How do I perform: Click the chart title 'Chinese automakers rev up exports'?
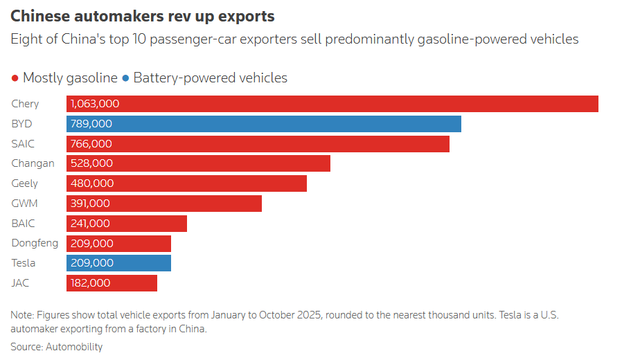(142, 16)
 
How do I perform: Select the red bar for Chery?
(332, 104)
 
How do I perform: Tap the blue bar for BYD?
(264, 124)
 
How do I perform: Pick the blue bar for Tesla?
(118, 263)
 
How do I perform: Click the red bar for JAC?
(112, 283)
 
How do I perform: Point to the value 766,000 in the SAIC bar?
(91, 144)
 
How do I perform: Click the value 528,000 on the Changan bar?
(91, 163)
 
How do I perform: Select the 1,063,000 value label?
(95, 104)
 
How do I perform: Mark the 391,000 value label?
(90, 204)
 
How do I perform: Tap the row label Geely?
(25, 183)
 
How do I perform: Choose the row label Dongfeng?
(35, 243)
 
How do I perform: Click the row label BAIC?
(24, 224)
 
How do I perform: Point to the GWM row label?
(24, 204)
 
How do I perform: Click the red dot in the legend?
(15, 78)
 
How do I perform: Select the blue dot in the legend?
(125, 78)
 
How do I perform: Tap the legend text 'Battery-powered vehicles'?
(210, 78)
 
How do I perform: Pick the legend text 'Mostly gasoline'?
(70, 78)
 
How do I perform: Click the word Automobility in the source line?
(73, 346)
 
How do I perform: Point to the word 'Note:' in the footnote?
(23, 315)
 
